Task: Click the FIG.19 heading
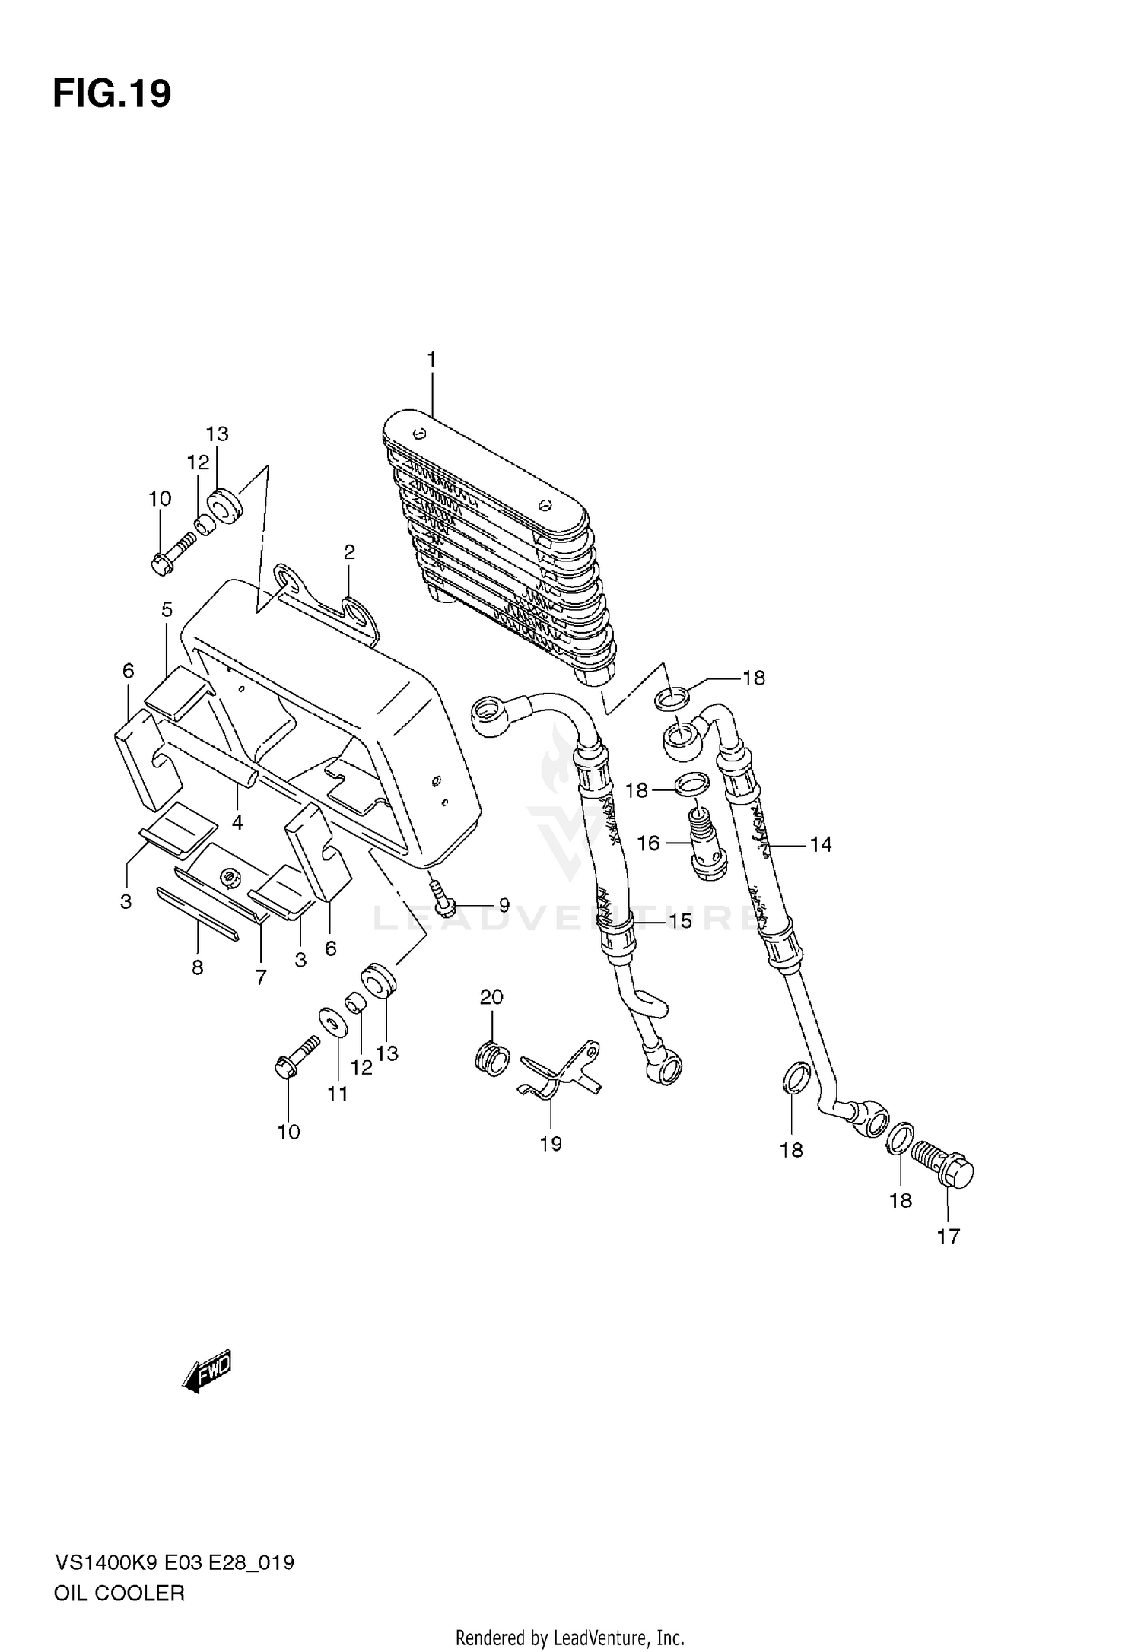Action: pos(112,94)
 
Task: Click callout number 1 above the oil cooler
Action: pos(431,360)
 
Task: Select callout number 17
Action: pos(948,1237)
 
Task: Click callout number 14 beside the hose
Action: pos(820,844)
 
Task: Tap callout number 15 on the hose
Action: pos(680,921)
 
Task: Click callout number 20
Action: pos(491,996)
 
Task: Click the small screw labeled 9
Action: pos(442,897)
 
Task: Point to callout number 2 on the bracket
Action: pos(349,552)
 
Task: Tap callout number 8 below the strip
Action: pos(197,967)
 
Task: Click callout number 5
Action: pos(167,609)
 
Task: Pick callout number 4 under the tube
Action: pos(237,822)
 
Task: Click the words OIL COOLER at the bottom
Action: pos(119,1593)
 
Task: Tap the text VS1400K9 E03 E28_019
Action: pos(173,1563)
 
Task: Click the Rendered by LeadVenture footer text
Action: pos(570,1637)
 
